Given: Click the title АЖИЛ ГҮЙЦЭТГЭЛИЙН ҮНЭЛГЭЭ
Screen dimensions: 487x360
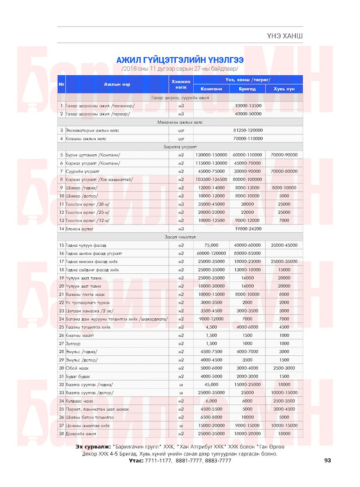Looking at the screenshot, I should pyautogui.click(x=180, y=60).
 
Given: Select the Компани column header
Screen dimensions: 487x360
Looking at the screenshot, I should pyautogui.click(x=211, y=89).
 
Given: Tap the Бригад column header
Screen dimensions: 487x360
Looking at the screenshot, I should pyautogui.click(x=247, y=89).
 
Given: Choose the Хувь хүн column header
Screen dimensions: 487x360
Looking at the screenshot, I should pyautogui.click(x=284, y=89).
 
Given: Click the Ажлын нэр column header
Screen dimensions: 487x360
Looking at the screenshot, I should pyautogui.click(x=117, y=84).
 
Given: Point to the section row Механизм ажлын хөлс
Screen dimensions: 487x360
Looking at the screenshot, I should pyautogui.click(x=180, y=122).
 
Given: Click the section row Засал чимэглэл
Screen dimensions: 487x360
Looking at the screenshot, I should pyautogui.click(x=180, y=237).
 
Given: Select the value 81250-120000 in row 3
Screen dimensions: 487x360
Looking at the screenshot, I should pyautogui.click(x=248, y=130).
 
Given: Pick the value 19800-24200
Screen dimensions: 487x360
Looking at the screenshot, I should pyautogui.click(x=248, y=229).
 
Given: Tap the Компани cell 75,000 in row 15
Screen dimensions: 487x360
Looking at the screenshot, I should pyautogui.click(x=211, y=245).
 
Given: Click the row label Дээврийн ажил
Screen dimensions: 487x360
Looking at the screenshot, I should pyautogui.click(x=81, y=433).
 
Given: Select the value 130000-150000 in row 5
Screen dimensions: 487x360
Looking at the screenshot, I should pyautogui.click(x=211, y=155).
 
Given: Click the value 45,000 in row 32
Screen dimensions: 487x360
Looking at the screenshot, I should pyautogui.click(x=211, y=384).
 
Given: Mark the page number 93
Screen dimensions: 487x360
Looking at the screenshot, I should pyautogui.click(x=328, y=460).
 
